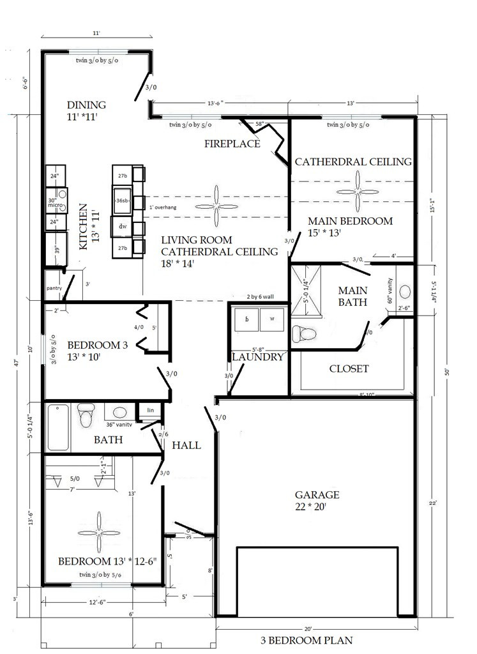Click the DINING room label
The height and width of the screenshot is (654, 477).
tap(87, 105)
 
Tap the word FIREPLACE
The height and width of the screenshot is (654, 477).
tap(232, 144)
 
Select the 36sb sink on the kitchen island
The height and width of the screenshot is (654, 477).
tap(121, 200)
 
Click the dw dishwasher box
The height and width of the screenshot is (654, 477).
tap(121, 226)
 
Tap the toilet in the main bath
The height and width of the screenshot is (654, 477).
tap(305, 333)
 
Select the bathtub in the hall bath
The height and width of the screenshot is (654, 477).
tap(59, 427)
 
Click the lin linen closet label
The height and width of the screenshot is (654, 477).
tap(151, 410)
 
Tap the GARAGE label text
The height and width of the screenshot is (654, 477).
tap(317, 495)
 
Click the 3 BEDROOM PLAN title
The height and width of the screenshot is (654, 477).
tap(306, 640)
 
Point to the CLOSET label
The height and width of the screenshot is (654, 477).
tap(349, 369)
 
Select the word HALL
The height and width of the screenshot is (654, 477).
tap(186, 445)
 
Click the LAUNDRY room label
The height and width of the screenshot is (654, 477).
tap(257, 357)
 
